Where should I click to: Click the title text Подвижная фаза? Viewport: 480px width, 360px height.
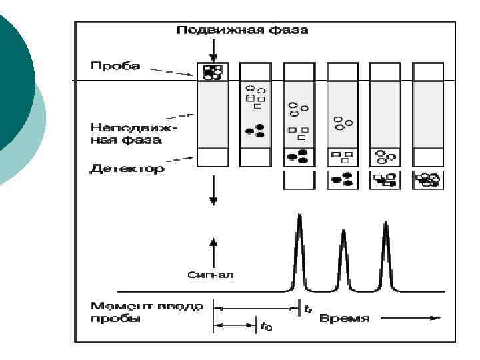tap(233, 31)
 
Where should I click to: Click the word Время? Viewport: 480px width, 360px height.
tap(345, 319)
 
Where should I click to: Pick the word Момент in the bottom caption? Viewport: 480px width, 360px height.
tap(117, 307)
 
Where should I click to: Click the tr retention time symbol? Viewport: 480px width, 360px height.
tap(308, 309)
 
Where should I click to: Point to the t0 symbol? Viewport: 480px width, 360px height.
tap(266, 327)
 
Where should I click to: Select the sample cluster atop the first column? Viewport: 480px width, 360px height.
tap(212, 71)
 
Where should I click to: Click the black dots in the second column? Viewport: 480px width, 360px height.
tap(255, 129)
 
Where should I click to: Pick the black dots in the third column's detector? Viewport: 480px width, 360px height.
tap(297, 157)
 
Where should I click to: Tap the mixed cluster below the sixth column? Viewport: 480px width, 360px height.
tap(427, 180)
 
